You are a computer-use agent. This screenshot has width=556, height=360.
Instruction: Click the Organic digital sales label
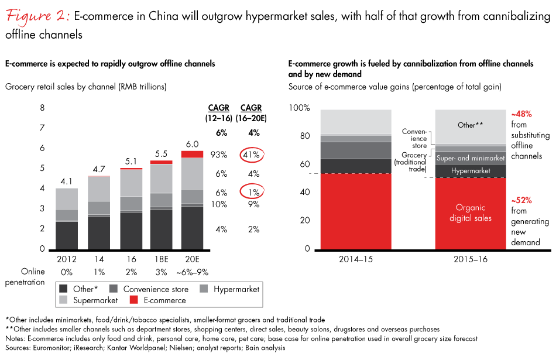472,212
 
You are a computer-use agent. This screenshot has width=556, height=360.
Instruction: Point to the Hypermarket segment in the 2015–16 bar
472,170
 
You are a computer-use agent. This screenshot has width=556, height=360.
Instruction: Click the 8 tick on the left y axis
42,108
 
